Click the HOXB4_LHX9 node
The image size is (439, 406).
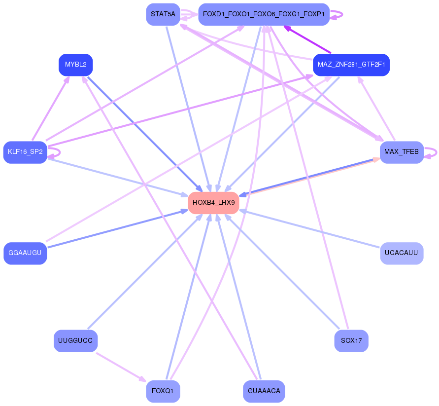(x=213, y=203)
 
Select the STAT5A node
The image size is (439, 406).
(x=163, y=14)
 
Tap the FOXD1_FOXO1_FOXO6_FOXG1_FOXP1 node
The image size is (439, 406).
(x=264, y=14)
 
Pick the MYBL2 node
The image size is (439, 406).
(x=75, y=65)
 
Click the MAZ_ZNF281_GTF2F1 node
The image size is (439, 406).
(x=351, y=65)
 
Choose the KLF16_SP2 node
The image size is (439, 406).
(x=25, y=152)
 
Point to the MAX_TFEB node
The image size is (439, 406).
(x=402, y=152)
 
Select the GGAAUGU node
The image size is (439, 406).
(x=25, y=253)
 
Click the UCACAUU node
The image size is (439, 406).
(x=402, y=253)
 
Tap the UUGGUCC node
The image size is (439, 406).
(x=75, y=341)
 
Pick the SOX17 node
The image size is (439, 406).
(x=351, y=341)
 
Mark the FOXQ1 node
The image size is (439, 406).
(x=163, y=391)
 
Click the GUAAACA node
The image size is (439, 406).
(x=264, y=391)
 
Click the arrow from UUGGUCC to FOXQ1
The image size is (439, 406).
(x=121, y=367)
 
